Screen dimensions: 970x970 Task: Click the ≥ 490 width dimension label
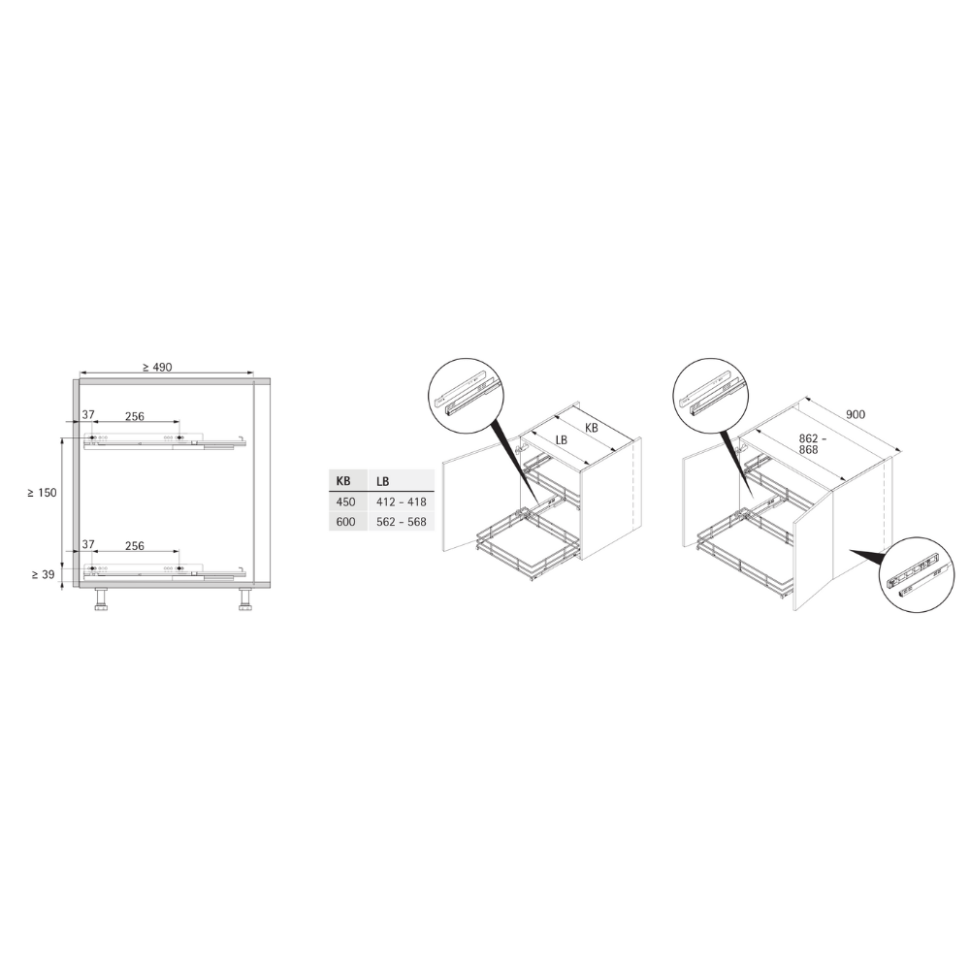[157, 367]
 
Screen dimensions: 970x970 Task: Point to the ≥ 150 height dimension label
[42, 493]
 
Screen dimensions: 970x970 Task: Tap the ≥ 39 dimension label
[44, 574]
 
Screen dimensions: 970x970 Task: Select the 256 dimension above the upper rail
[135, 416]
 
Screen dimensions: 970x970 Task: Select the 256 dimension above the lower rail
[135, 545]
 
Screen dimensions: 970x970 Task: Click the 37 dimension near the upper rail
[88, 414]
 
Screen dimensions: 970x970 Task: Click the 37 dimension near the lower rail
[88, 544]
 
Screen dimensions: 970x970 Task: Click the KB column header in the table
[342, 481]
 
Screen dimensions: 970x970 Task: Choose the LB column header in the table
[382, 481]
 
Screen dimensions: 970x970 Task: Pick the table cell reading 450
[346, 501]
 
